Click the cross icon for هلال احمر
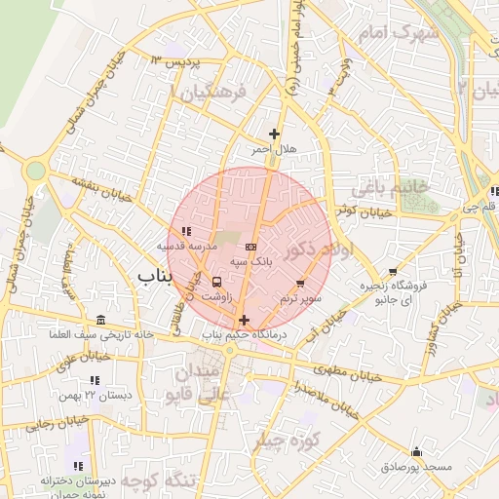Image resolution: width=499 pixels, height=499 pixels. [274, 134]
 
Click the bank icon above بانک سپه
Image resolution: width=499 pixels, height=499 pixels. [251, 247]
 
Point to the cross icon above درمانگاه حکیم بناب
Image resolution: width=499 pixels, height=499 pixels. [243, 320]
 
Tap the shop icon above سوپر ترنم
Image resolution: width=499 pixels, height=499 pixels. [299, 282]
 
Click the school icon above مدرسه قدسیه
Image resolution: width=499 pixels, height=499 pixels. [185, 232]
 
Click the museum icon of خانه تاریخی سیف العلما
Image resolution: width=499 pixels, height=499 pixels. [102, 321]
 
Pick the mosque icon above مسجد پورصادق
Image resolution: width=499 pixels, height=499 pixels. [417, 451]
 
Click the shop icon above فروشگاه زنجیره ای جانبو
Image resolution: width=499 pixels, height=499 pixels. [393, 272]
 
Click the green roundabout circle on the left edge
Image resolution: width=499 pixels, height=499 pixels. [36, 171]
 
